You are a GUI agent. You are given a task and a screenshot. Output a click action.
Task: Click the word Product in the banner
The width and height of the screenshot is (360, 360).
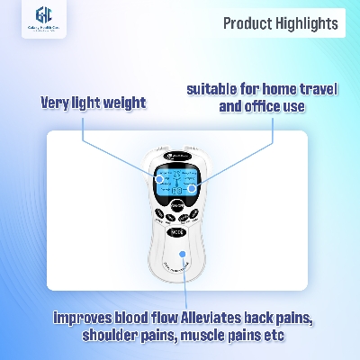pos(245,23)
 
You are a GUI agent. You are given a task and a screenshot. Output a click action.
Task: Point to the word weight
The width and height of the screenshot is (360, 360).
pos(121,102)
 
